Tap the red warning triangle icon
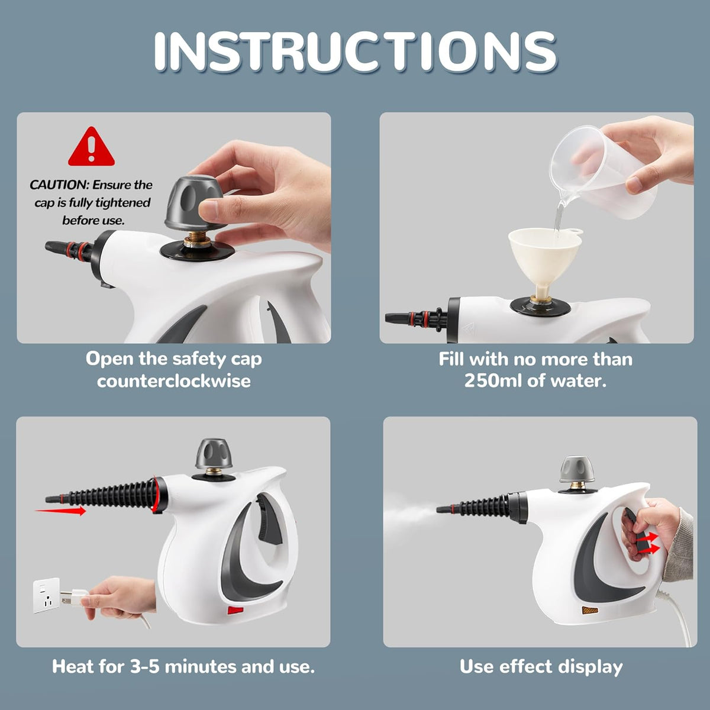tap(91, 148)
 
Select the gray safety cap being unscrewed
tap(195, 203)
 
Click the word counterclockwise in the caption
tap(173, 380)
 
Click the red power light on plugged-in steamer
tap(236, 611)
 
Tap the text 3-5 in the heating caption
tap(144, 667)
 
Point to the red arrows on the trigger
tap(648, 542)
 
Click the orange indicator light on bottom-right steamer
tap(589, 610)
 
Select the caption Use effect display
tap(541, 667)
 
